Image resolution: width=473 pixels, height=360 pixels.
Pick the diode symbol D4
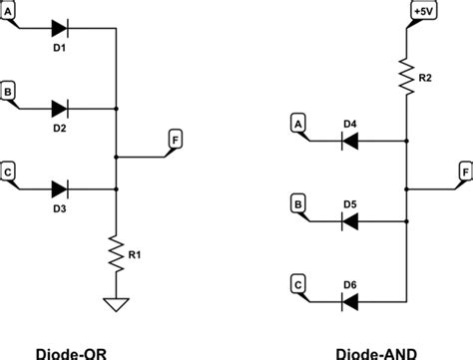(349, 141)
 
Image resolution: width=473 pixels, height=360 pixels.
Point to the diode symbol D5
(349, 219)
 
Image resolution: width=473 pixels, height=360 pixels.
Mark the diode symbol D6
(349, 297)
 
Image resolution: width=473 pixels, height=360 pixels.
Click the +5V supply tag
(419, 13)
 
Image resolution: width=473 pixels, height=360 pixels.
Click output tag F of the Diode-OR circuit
(176, 140)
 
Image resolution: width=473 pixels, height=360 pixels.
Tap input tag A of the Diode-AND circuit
(297, 124)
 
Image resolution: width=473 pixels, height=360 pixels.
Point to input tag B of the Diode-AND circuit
(297, 203)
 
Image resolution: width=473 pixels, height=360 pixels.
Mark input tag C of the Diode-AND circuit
(297, 282)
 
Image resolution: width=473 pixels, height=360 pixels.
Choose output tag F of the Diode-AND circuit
(464, 171)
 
